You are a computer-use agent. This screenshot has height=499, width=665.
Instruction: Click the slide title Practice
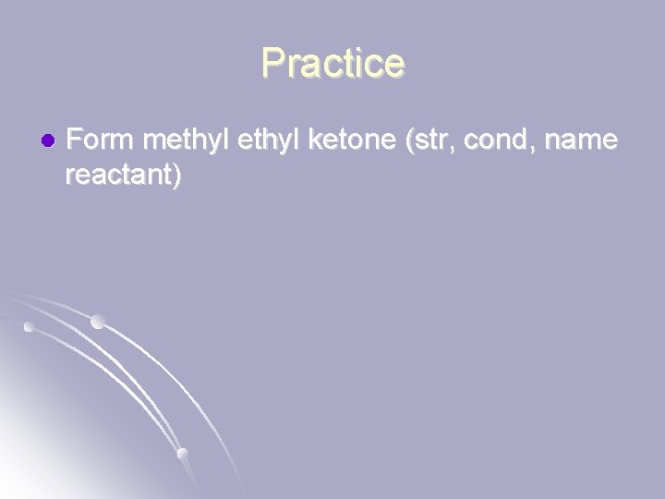[x=332, y=63]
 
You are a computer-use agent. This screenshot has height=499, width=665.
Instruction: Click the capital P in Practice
[x=272, y=63]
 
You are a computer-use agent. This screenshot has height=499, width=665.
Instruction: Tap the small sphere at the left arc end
[x=29, y=326]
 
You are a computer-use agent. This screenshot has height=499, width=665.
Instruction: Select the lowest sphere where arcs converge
[x=182, y=453]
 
